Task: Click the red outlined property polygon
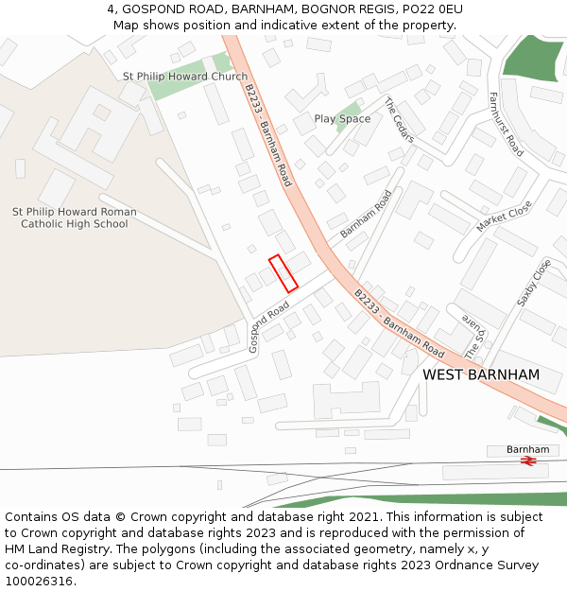click(283, 273)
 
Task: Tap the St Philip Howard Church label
click(185, 77)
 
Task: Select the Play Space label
click(342, 119)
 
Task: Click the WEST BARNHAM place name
click(481, 375)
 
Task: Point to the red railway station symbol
click(529, 461)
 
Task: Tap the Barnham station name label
click(527, 449)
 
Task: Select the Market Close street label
click(504, 217)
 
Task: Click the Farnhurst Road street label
click(506, 124)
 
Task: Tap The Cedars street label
click(399, 120)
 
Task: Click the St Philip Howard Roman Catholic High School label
click(74, 218)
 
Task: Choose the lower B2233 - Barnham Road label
click(399, 323)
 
